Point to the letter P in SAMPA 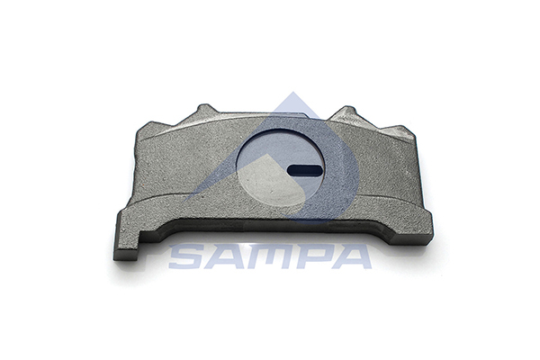point(315,256)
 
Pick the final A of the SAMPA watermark point(353,256)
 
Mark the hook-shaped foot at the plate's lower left point(127,248)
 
